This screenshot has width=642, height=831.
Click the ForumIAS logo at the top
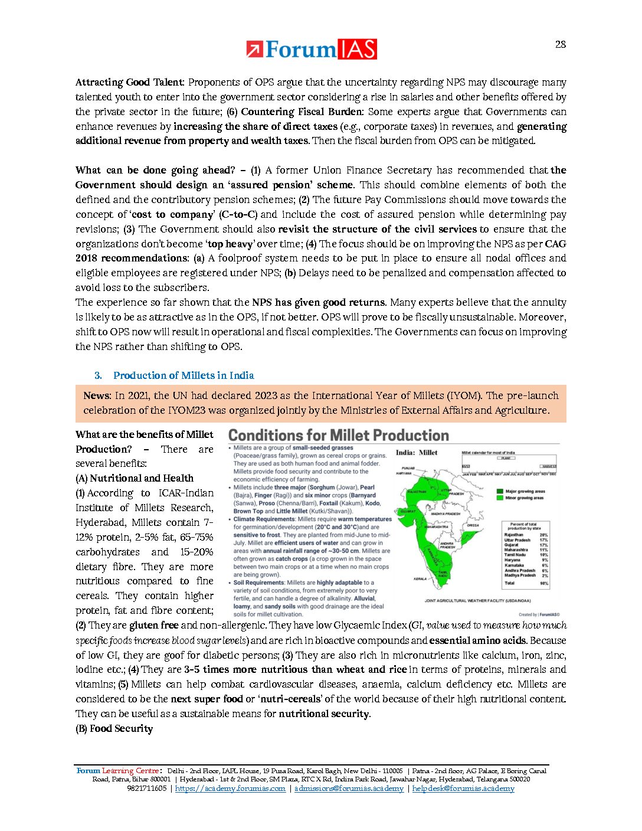(x=312, y=50)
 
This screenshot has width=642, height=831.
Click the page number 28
(x=560, y=44)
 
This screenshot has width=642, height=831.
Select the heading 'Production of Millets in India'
(x=184, y=375)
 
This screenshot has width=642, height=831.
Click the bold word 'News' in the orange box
(x=96, y=395)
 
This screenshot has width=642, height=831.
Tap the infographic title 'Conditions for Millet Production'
(x=338, y=436)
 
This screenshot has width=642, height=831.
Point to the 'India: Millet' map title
(x=417, y=453)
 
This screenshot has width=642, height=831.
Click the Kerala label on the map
(x=420, y=578)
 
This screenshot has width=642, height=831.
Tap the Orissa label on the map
(x=473, y=525)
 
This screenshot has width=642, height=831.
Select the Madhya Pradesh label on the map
(x=446, y=513)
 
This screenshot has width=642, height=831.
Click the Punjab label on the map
(x=408, y=468)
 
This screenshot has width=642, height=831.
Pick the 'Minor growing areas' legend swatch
(x=500, y=498)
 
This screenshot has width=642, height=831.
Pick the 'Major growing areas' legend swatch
(x=500, y=491)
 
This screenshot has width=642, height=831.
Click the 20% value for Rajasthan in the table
(x=543, y=535)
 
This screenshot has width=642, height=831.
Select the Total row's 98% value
(x=543, y=583)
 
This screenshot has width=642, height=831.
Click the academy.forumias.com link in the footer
(x=230, y=789)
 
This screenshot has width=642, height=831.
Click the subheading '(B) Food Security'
(x=114, y=728)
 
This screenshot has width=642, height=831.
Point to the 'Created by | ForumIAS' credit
(x=539, y=614)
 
